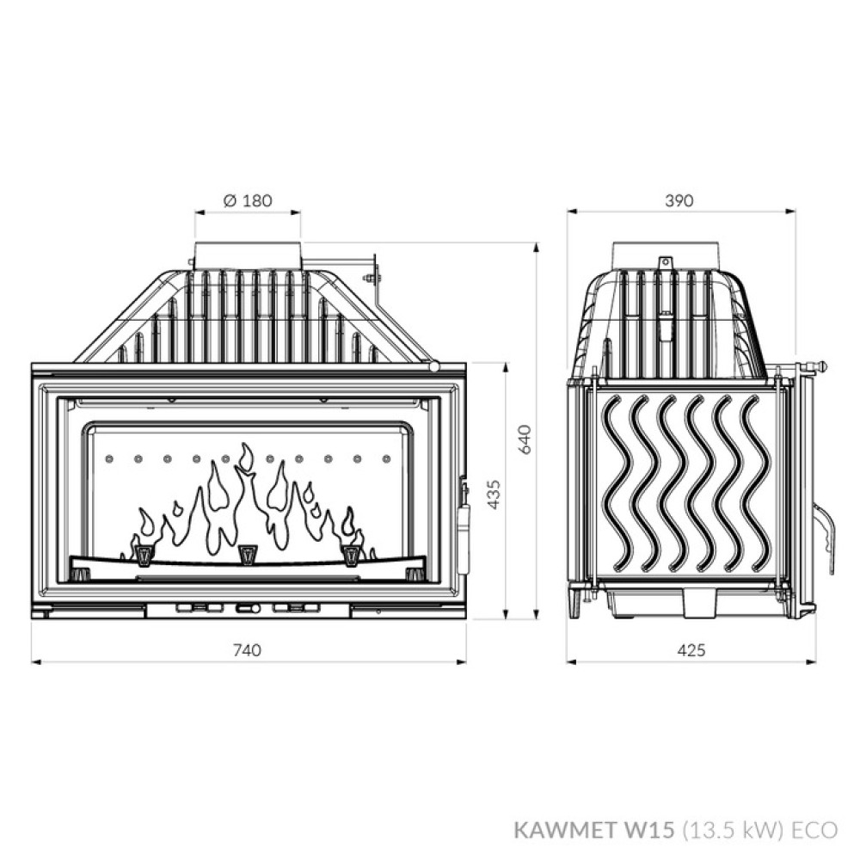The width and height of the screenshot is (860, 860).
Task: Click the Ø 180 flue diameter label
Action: point(247,200)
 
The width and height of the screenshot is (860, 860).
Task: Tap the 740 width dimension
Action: point(247,650)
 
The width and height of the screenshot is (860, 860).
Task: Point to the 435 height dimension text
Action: point(494,494)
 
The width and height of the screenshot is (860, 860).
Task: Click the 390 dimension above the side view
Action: point(679,200)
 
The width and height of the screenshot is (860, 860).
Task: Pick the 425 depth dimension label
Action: point(691,650)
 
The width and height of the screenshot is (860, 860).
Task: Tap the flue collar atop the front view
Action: point(248,255)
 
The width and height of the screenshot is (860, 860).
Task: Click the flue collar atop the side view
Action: point(664,255)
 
